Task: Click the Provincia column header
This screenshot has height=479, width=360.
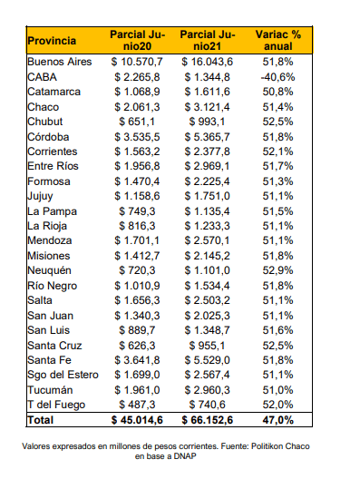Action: click(x=52, y=41)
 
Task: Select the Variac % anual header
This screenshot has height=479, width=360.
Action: click(x=277, y=40)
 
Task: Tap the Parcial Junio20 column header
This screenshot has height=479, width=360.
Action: click(x=138, y=40)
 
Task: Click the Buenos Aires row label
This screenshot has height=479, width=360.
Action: click(x=60, y=62)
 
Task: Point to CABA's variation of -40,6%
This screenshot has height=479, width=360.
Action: click(x=277, y=77)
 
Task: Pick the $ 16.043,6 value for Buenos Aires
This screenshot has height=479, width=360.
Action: click(x=207, y=62)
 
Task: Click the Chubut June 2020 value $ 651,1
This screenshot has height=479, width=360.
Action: click(x=137, y=122)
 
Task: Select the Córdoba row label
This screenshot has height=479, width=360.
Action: click(x=48, y=137)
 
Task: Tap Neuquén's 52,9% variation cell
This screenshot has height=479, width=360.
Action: click(x=277, y=270)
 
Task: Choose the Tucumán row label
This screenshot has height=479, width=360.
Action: click(x=50, y=390)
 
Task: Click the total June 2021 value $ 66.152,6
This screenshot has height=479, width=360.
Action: click(x=207, y=420)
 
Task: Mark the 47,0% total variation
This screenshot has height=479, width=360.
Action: click(x=277, y=420)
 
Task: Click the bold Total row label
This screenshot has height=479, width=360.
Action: click(x=40, y=420)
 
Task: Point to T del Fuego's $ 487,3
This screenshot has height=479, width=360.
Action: click(x=137, y=405)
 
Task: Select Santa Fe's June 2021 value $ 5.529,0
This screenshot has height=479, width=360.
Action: click(x=207, y=360)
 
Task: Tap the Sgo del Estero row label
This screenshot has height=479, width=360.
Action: click(x=63, y=375)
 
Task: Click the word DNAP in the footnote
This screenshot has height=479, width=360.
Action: click(x=185, y=456)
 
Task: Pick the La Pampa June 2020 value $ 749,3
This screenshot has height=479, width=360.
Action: click(x=137, y=211)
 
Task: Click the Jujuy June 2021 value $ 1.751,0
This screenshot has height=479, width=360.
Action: click(x=207, y=196)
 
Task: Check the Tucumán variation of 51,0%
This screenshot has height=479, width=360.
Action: click(x=277, y=390)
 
